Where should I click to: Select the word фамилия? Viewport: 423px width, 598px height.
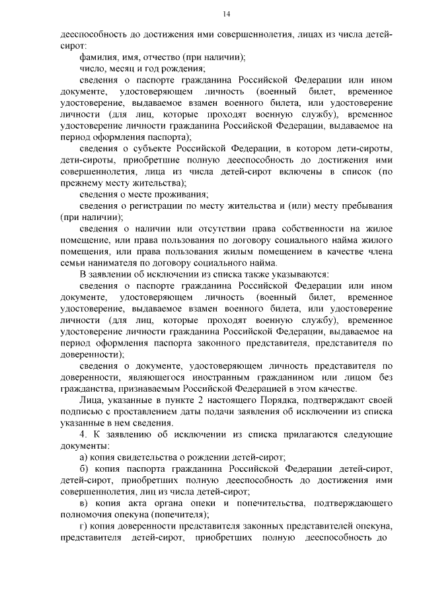98,57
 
